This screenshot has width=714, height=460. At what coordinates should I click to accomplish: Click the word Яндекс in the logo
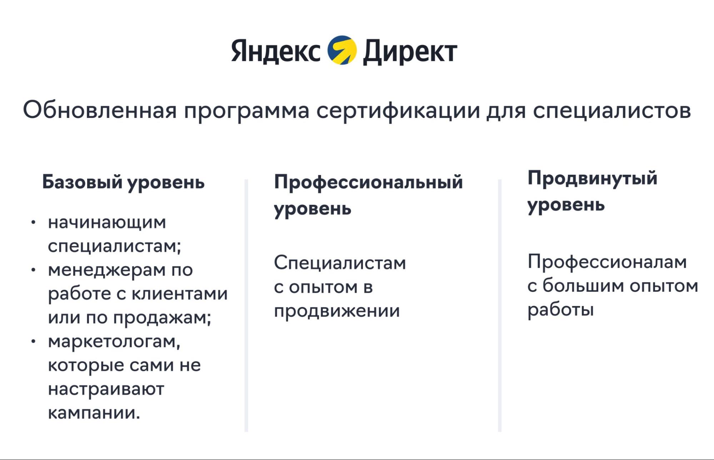275,51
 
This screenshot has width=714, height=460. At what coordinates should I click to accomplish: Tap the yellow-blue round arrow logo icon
342,50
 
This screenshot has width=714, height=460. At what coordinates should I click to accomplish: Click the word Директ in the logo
410,52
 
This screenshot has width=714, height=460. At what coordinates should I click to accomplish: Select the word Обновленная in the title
100,110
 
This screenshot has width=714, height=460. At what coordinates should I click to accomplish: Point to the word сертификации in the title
398,110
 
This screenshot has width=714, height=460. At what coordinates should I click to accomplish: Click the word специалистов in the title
611,110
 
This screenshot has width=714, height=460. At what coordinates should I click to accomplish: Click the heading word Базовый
82,182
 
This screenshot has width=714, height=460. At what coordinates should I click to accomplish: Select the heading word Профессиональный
368,182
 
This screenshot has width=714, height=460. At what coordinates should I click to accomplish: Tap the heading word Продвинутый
592,178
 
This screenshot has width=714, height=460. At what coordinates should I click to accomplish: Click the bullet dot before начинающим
33,223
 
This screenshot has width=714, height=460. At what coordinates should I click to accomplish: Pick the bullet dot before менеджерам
33,270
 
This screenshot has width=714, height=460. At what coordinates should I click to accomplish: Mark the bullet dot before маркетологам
33,342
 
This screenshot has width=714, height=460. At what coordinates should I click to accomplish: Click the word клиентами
180,294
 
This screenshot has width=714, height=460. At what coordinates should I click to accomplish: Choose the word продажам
162,318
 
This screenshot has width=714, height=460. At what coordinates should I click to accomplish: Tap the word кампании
94,413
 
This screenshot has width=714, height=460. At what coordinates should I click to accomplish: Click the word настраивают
106,389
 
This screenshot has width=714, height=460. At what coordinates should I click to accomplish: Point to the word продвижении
337,311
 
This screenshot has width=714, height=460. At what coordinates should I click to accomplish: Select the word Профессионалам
607,262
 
